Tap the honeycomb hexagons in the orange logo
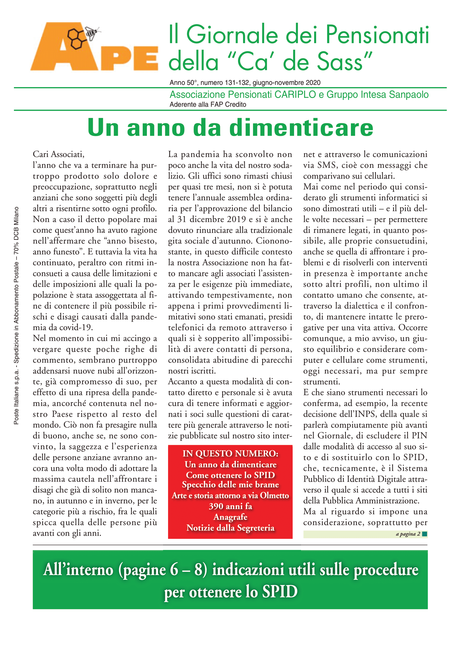pos(76,38)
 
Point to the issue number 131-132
pos(237,83)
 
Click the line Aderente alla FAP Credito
pos(208,105)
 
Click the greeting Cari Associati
pos(59,154)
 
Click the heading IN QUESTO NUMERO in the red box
pos(230,454)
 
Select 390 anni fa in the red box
pos(230,506)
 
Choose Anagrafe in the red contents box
pos(230,517)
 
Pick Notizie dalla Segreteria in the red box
pos(230,528)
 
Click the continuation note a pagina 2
pos(408,534)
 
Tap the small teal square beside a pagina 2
pos(424,534)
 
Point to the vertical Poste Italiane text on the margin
pos(16,315)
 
